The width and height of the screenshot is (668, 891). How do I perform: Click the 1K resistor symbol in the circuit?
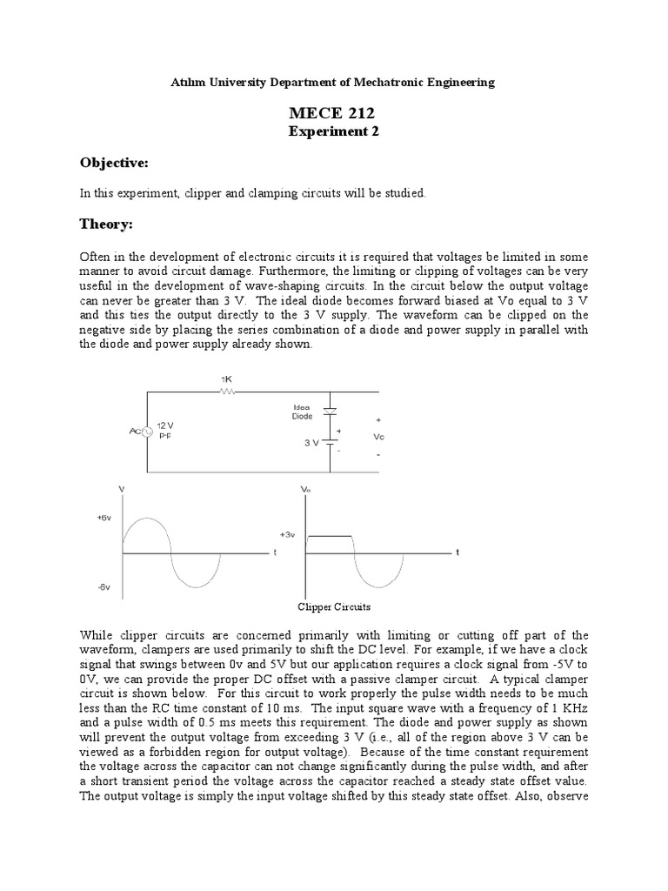coord(227,392)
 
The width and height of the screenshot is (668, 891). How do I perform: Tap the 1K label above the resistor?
coord(226,379)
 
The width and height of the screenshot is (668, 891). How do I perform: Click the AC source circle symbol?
coord(148,431)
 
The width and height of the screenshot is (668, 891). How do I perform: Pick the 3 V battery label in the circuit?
coord(311,442)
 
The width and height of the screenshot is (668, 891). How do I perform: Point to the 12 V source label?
coord(165,425)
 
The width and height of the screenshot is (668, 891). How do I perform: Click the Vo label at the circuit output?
coord(378,437)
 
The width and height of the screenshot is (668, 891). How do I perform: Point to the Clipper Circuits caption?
coord(334,607)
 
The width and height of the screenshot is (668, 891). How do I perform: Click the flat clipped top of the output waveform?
coord(331,536)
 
